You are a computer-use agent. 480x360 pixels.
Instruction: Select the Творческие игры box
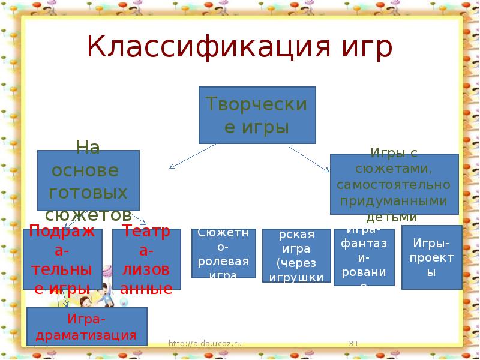tap(257, 115)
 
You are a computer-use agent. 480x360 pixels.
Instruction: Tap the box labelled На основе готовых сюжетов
tap(88, 180)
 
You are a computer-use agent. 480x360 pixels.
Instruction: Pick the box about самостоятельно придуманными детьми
tap(394, 184)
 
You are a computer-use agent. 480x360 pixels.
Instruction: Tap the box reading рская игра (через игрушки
tap(296, 255)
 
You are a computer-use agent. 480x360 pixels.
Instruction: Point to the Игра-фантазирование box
tap(364, 257)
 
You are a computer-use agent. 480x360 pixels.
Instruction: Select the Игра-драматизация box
tap(87, 326)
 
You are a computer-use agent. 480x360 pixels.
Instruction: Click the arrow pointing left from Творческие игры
tap(192, 156)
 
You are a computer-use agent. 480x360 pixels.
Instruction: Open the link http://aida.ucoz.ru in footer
tap(205, 343)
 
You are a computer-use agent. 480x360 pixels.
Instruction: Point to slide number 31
tap(353, 343)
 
